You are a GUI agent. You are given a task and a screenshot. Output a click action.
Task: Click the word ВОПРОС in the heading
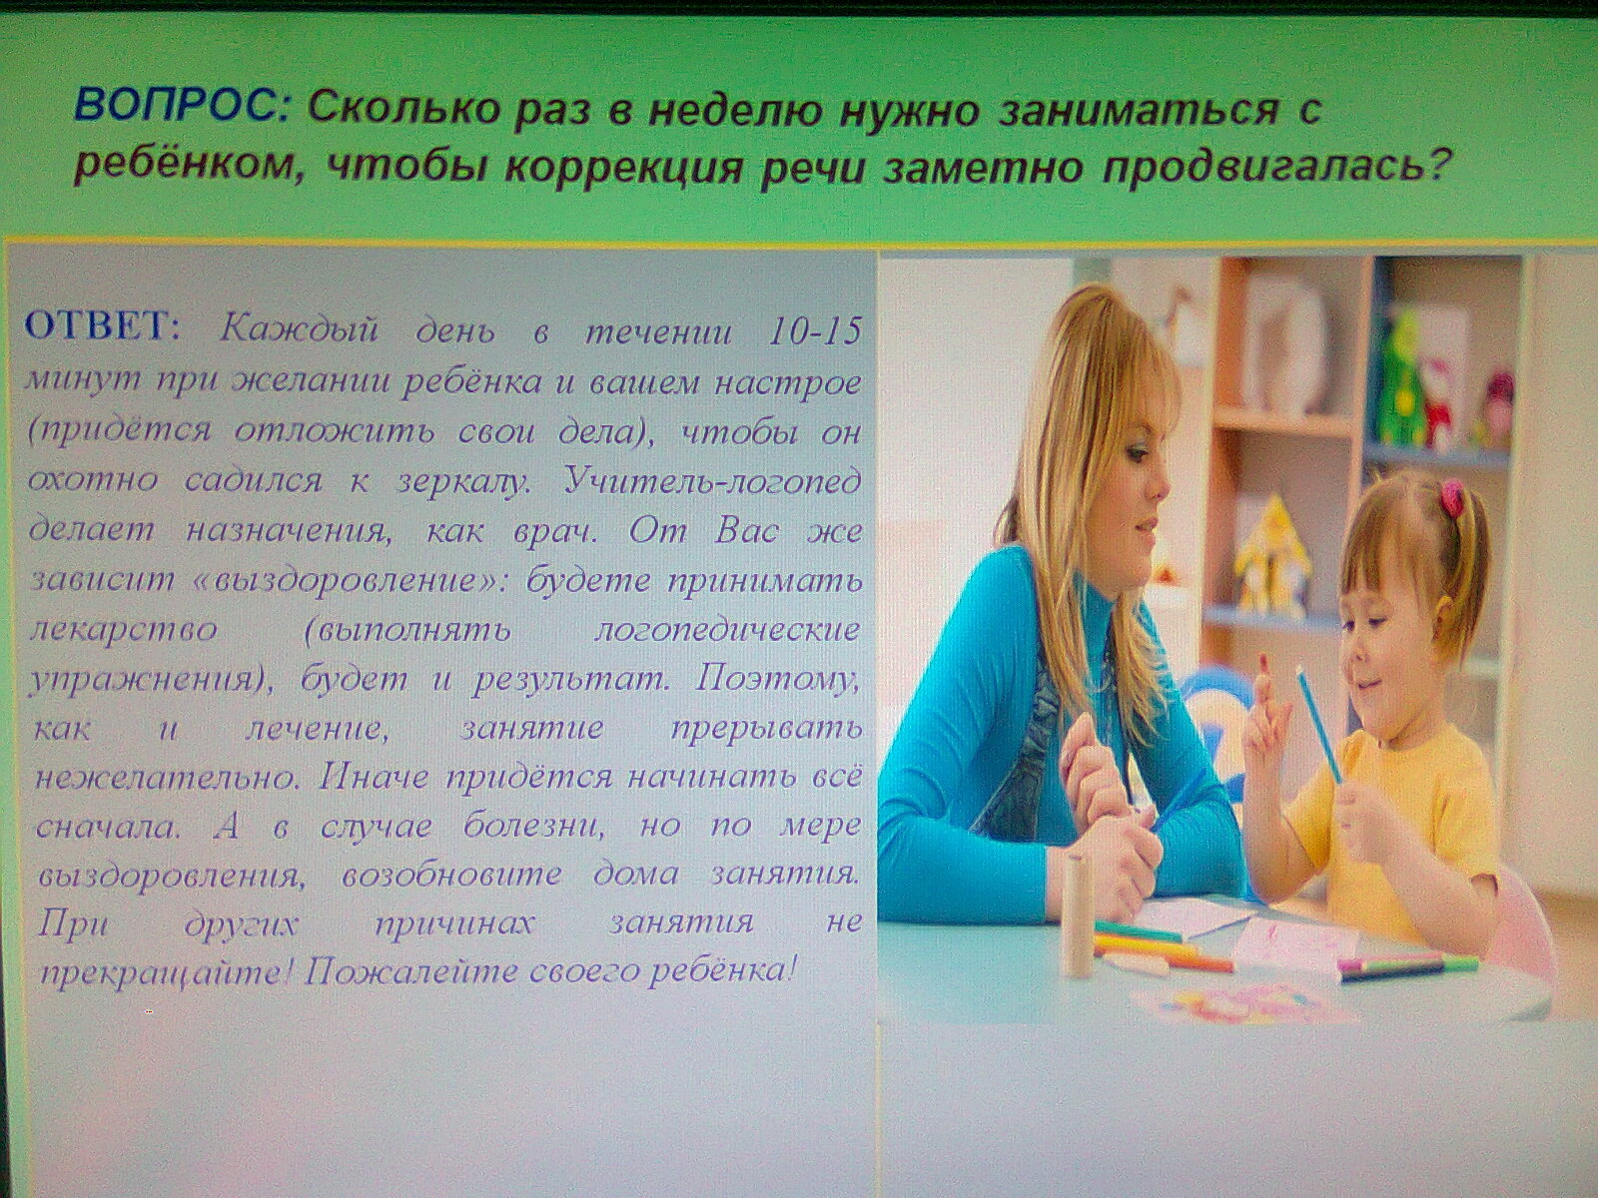coord(182,107)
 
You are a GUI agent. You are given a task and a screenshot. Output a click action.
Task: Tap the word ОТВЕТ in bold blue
coord(101,327)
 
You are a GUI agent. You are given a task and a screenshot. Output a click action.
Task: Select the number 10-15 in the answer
coord(815,329)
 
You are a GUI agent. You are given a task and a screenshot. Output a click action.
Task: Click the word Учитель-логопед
coord(713,480)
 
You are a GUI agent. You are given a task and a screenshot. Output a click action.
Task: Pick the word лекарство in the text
coord(125,630)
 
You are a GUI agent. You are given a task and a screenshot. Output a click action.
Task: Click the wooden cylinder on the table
coord(1077,915)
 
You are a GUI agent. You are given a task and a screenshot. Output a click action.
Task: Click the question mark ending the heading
coord(1431,169)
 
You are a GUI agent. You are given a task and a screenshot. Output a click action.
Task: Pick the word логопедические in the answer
coord(726,630)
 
